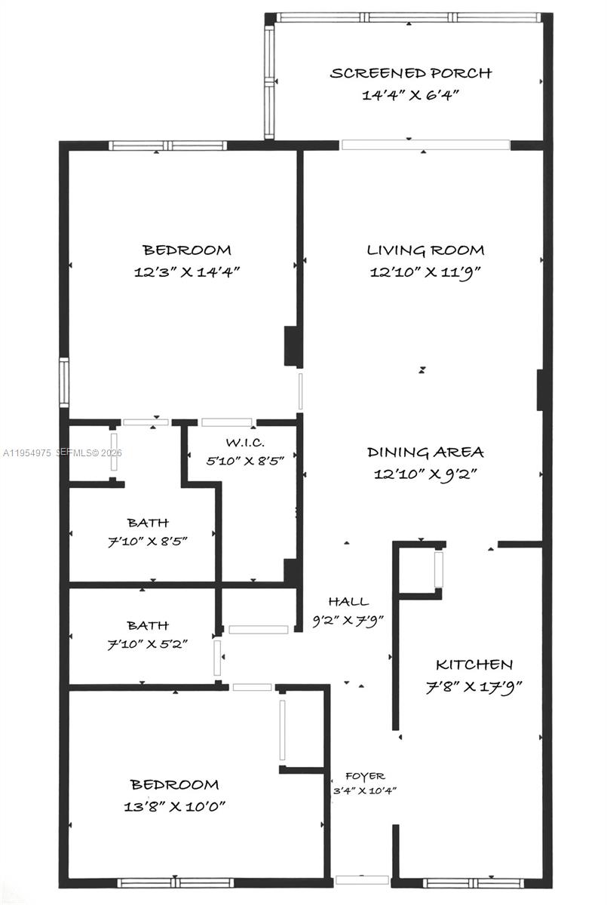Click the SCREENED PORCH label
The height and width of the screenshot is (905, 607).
(411, 73)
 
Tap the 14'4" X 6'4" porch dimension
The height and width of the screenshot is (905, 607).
(411, 95)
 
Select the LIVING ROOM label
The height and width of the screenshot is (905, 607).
(425, 250)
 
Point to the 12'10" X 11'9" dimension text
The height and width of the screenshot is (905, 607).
(425, 272)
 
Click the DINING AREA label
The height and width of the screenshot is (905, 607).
(425, 452)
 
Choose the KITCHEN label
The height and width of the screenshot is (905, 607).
(474, 664)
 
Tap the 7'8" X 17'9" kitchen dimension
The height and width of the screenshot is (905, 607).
(474, 686)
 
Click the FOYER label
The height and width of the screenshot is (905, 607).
(365, 776)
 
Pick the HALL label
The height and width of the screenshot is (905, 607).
(348, 602)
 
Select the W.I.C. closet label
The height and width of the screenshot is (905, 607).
(245, 443)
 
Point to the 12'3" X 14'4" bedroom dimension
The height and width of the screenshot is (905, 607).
(187, 272)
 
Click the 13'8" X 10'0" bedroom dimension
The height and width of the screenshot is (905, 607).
(174, 807)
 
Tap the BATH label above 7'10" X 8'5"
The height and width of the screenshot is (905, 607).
(148, 523)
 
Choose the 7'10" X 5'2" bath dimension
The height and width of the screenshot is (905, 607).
(147, 644)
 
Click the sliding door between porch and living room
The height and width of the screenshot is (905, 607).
(425, 145)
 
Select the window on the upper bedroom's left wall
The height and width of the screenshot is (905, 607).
(64, 382)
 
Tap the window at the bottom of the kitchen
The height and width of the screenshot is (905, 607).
(472, 883)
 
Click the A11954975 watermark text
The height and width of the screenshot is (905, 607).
(27, 453)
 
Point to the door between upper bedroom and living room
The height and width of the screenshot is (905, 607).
(300, 391)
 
